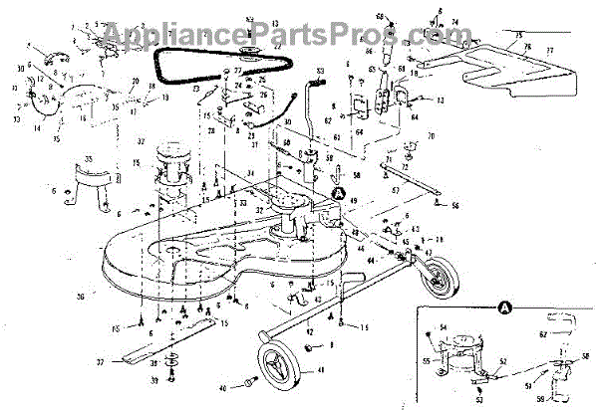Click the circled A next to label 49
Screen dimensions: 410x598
339,193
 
